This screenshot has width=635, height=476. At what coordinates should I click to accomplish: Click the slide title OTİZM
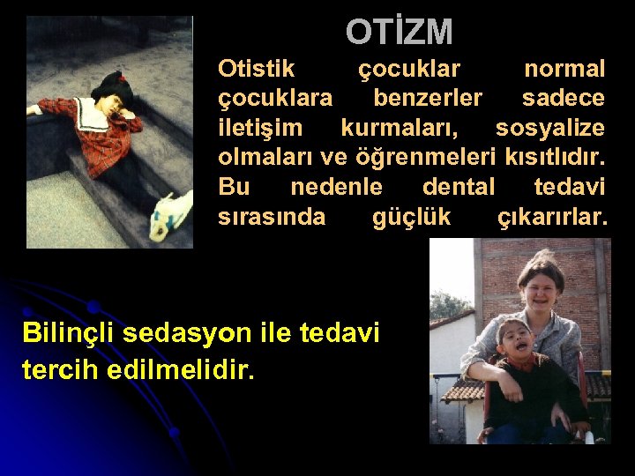click(399, 33)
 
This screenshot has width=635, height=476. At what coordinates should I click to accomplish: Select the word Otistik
click(257, 69)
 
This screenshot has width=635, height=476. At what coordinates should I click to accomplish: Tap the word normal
click(564, 69)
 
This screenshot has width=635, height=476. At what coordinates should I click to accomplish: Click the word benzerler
click(428, 98)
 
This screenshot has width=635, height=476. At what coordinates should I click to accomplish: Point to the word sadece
click(564, 98)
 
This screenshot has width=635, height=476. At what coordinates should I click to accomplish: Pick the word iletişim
click(259, 129)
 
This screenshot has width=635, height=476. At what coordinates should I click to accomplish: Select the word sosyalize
click(549, 129)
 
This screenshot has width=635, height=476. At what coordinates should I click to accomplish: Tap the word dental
click(459, 188)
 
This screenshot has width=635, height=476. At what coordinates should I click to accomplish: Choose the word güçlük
click(411, 218)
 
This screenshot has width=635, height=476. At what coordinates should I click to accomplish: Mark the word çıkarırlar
click(553, 218)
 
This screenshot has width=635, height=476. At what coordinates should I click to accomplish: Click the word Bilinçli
click(69, 333)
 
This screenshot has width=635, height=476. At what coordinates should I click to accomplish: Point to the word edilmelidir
click(181, 369)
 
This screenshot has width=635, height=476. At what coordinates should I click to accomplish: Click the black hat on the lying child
click(111, 84)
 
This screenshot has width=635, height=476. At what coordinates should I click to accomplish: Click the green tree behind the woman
click(450, 305)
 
